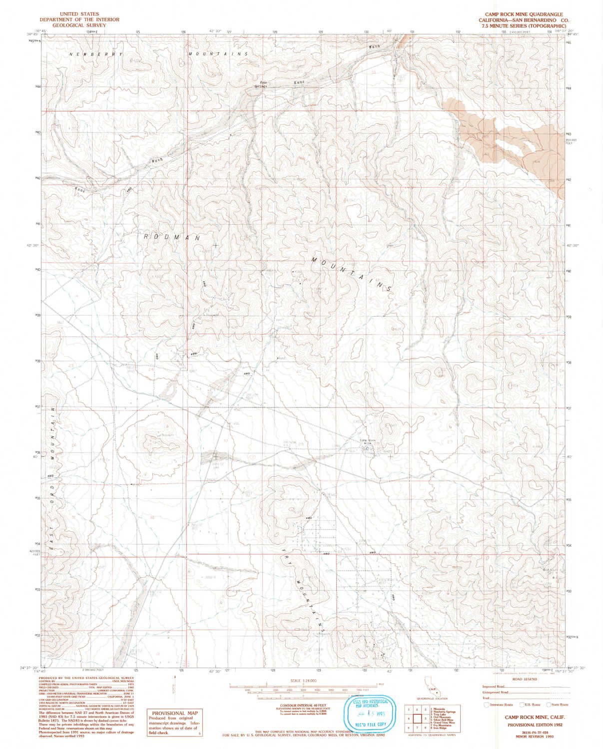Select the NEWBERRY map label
tap(88, 54)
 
